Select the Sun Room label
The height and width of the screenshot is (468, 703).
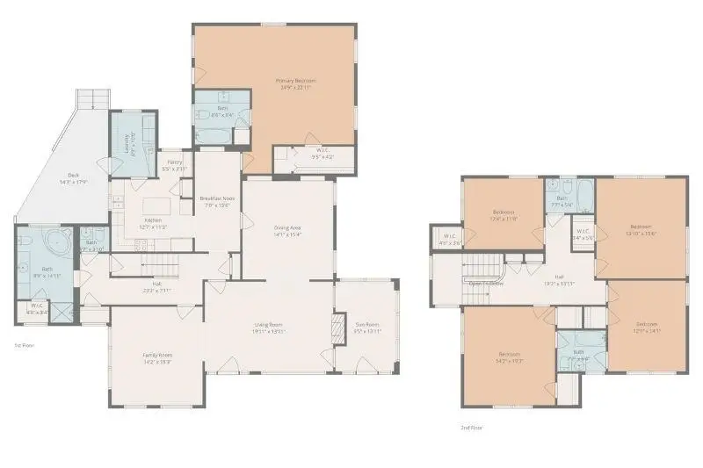366,330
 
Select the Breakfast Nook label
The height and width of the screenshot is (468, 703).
216,200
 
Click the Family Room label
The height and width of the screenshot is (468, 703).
157,357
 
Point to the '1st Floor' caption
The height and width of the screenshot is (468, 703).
25,346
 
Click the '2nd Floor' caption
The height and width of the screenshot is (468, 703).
472,428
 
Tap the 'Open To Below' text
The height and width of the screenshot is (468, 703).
485,284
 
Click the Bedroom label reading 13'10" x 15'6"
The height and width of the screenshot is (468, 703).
641,230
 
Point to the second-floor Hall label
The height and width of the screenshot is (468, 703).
559,280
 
